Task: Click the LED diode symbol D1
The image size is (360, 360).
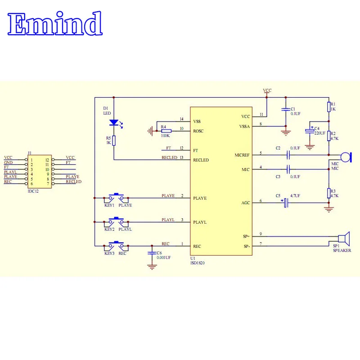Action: [x=114, y=122]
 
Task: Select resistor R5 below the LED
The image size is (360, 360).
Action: [x=114, y=140]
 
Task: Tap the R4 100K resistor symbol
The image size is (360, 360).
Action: [x=166, y=131]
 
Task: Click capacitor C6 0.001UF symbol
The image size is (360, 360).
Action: [x=152, y=253]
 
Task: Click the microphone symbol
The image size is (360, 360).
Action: [x=346, y=157]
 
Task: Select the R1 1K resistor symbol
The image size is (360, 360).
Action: [x=329, y=107]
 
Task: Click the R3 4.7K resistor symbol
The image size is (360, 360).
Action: [x=329, y=193]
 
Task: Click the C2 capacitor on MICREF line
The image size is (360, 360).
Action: [x=288, y=154]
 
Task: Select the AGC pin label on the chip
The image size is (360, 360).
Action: [x=246, y=203]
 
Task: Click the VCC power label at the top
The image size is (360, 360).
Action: [x=267, y=90]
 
